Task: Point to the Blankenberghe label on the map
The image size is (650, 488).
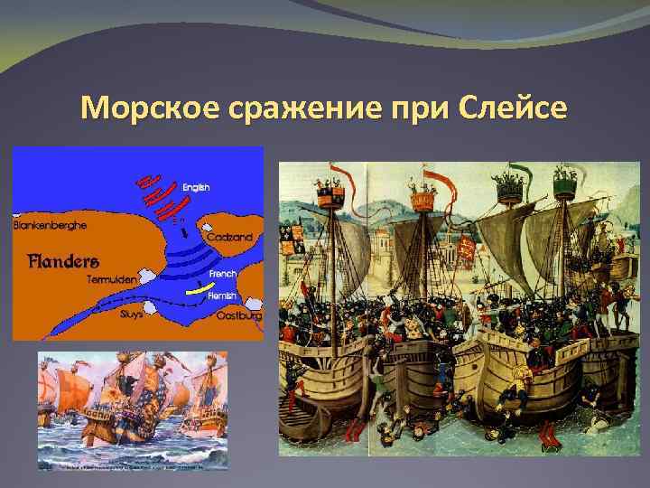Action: [49, 224]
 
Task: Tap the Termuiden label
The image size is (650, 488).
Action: [111, 280]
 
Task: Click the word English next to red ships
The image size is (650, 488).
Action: [196, 187]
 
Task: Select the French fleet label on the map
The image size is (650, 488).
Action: [222, 274]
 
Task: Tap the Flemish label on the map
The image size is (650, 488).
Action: [222, 296]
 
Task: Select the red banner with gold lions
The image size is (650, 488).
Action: [464, 248]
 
